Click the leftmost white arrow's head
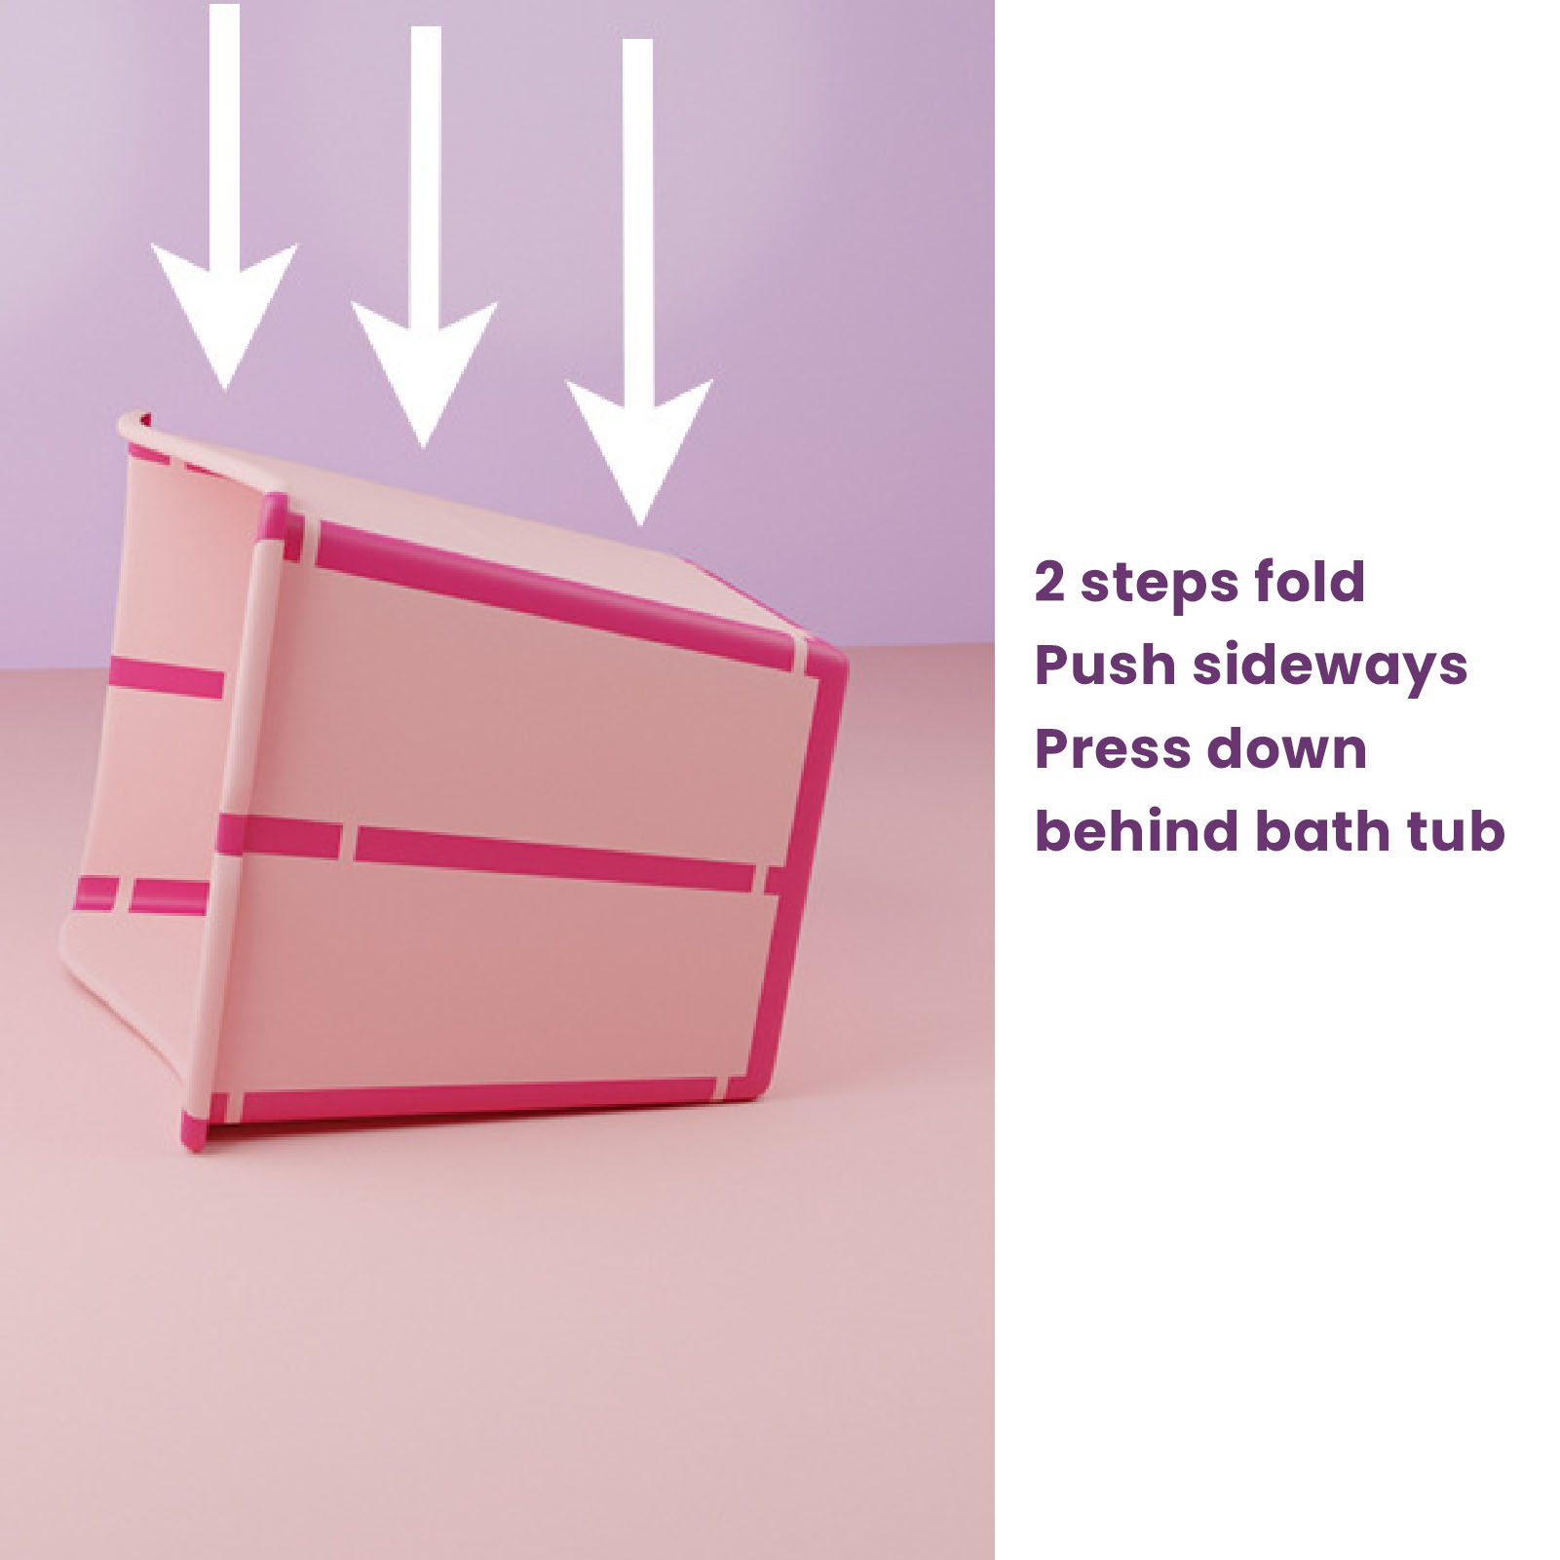coord(224,307)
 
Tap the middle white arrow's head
coord(424,365)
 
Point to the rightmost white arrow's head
coord(639,443)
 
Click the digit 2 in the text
coord(1048,582)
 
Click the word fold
coord(1310,581)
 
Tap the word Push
coord(1104,665)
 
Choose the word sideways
coord(1330,667)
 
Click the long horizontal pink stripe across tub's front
coord(553,857)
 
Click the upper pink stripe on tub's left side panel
coord(166,677)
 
